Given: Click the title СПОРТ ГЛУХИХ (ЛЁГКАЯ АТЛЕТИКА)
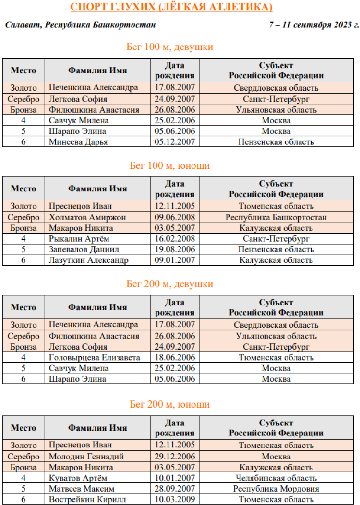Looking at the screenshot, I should pyautogui.click(x=171, y=7).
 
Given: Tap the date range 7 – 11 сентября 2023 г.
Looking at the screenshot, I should pyautogui.click(x=314, y=25).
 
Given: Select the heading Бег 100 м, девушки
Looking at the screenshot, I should pyautogui.click(x=170, y=47).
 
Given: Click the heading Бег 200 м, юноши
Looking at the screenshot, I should pyautogui.click(x=170, y=404).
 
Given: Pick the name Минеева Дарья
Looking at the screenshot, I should pyautogui.click(x=78, y=142).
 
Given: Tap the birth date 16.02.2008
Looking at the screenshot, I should pyautogui.click(x=175, y=239).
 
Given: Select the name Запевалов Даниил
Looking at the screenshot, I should pyautogui.click(x=84, y=249).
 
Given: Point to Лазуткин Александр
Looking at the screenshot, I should pyautogui.click(x=88, y=260).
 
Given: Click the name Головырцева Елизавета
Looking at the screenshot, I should pyautogui.click(x=95, y=357).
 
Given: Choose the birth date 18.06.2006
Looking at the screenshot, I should pyautogui.click(x=175, y=357).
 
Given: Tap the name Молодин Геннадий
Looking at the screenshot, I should pyautogui.click(x=86, y=457).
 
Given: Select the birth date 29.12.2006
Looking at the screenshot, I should pyautogui.click(x=175, y=457).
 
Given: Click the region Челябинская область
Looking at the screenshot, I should pyautogui.click(x=276, y=478).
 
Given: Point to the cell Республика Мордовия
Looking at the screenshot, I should pyautogui.click(x=276, y=489).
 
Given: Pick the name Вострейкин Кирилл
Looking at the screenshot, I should pyautogui.click(x=87, y=500).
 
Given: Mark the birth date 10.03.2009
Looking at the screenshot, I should pyautogui.click(x=175, y=500).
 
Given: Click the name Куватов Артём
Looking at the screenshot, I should pyautogui.click(x=78, y=478).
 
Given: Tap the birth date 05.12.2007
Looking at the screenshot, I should pyautogui.click(x=175, y=142).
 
